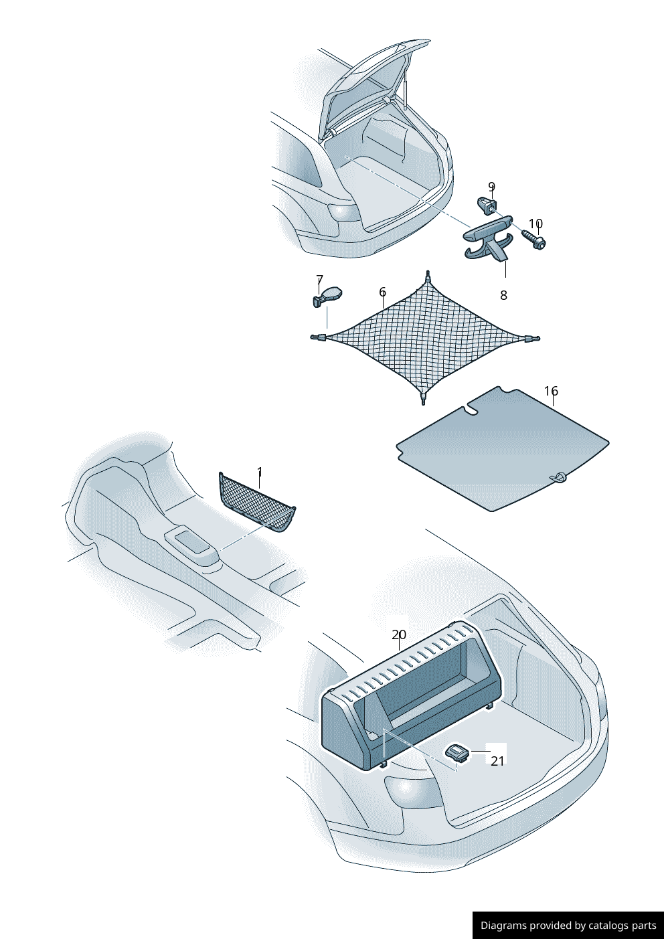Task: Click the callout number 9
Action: pos(492,187)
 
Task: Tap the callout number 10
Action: pos(535,224)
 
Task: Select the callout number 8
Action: pos(503,296)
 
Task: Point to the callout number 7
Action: pos(319,279)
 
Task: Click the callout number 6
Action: pos(382,292)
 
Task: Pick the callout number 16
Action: pos(551,391)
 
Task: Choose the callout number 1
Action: pos(260,472)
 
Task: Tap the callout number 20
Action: pos(399,635)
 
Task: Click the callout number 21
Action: pos(497,761)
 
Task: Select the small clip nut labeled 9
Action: pos(487,205)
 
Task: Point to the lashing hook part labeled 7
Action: pos(327,296)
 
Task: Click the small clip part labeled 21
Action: pos(459,754)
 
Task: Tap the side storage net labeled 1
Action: pos(257,502)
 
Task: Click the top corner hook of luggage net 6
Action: pos(428,276)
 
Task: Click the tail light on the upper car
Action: pos(345,213)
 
